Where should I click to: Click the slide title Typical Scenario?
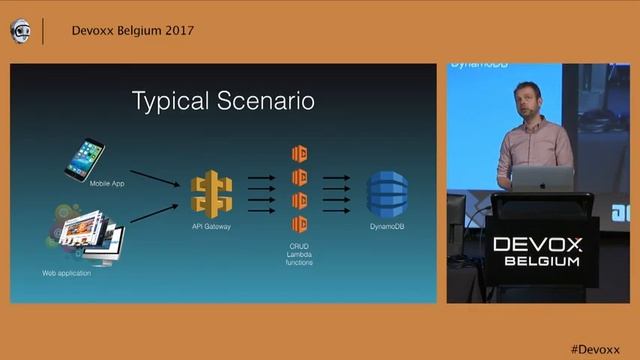(224, 101)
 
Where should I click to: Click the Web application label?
(67, 272)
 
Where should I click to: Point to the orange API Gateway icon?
(212, 194)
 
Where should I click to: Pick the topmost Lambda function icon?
(298, 154)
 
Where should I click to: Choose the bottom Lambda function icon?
(298, 223)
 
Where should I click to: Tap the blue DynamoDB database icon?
(386, 194)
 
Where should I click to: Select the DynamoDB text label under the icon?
(386, 227)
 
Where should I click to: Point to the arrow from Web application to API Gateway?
(152, 208)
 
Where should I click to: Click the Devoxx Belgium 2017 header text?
(133, 30)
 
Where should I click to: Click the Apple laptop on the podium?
(542, 178)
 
